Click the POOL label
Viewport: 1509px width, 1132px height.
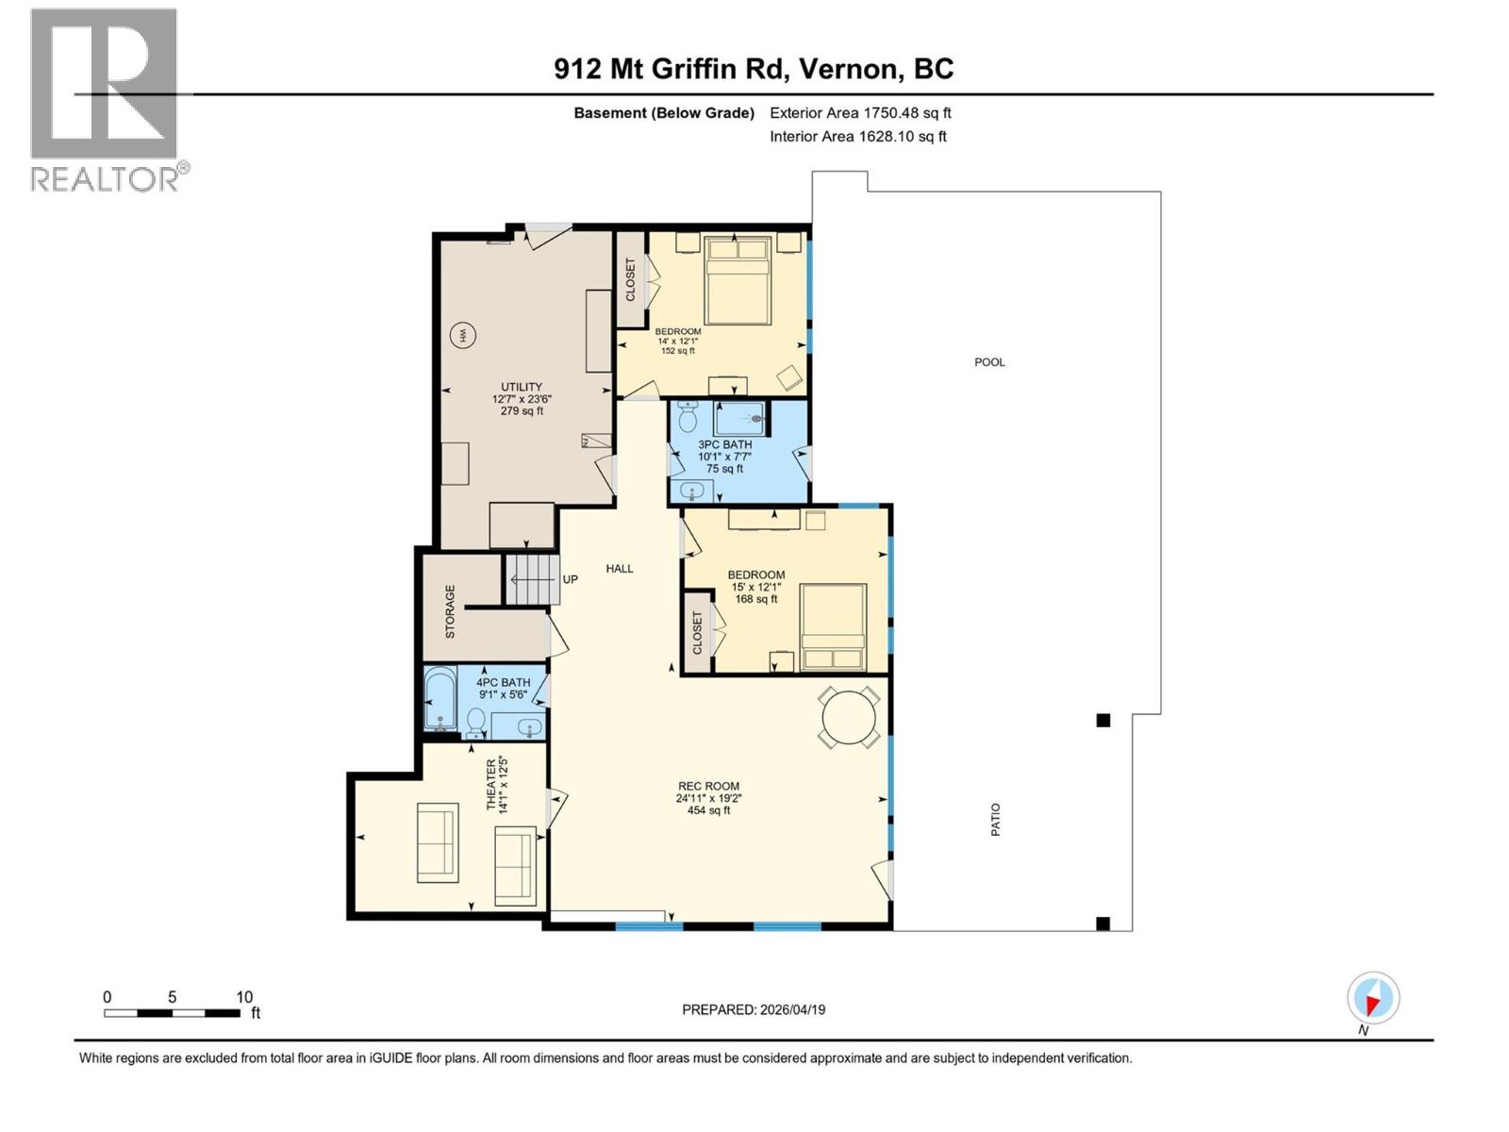(989, 362)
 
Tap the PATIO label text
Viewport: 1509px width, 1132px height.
(996, 820)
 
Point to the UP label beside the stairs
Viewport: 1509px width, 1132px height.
(571, 579)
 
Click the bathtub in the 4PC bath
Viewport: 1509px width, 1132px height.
(439, 698)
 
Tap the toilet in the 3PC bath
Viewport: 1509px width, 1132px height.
(688, 416)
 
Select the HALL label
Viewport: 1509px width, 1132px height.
(620, 569)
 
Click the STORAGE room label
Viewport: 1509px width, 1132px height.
(450, 611)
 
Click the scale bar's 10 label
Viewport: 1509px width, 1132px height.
(244, 997)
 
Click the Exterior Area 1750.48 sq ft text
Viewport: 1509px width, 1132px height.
(860, 113)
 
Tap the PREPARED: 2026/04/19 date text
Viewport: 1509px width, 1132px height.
(754, 1009)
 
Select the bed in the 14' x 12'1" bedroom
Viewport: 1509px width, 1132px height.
(738, 281)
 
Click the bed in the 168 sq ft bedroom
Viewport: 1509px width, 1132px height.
(833, 627)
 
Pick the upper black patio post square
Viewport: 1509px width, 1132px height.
(1103, 721)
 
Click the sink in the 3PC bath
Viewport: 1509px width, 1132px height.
(693, 491)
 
